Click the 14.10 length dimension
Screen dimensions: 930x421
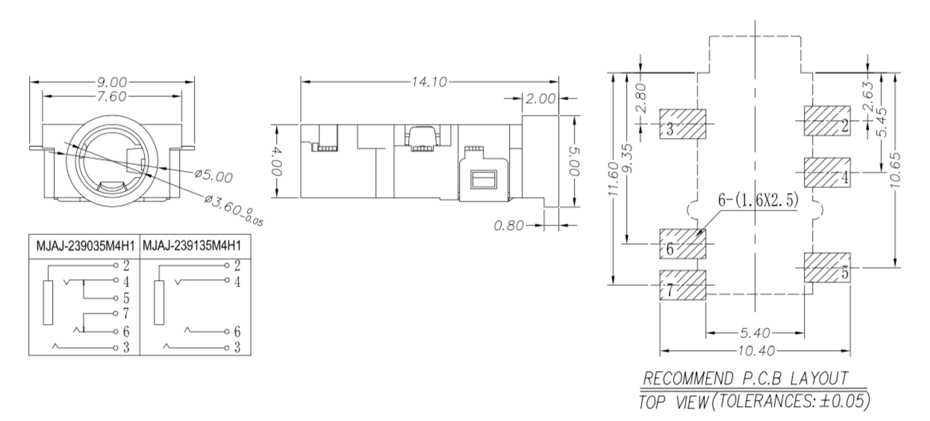(x=429, y=82)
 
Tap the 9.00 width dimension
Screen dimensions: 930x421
(x=112, y=82)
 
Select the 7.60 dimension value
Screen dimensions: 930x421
(x=112, y=96)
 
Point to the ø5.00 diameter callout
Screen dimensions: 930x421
(x=213, y=176)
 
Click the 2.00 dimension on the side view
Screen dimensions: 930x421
(x=540, y=99)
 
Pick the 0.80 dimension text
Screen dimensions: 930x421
(x=508, y=225)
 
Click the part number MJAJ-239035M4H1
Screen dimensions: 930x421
(x=85, y=246)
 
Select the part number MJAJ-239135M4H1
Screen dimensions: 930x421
(x=192, y=246)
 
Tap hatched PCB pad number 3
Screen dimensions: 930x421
(x=682, y=124)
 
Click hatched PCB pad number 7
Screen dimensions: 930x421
(x=682, y=285)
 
